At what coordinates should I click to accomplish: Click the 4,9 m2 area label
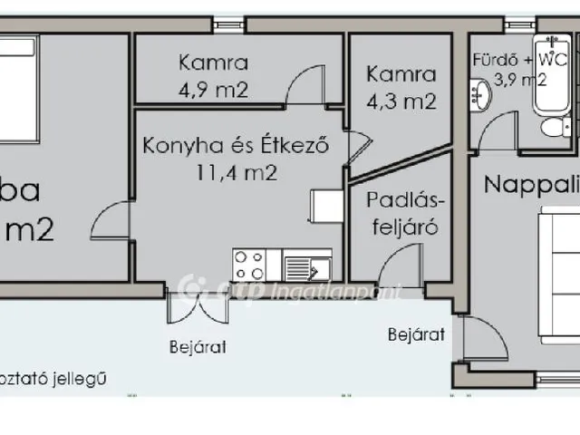[214, 90]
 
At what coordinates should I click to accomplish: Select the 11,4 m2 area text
[234, 173]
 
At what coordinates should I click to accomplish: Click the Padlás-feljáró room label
[403, 214]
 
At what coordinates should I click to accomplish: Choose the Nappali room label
[530, 184]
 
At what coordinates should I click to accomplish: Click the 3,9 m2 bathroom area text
[519, 80]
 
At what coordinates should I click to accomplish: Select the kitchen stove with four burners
[249, 265]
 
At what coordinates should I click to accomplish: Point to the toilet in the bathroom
[552, 128]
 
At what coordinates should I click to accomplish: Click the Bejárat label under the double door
[197, 346]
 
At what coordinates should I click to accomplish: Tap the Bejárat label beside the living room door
[416, 334]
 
